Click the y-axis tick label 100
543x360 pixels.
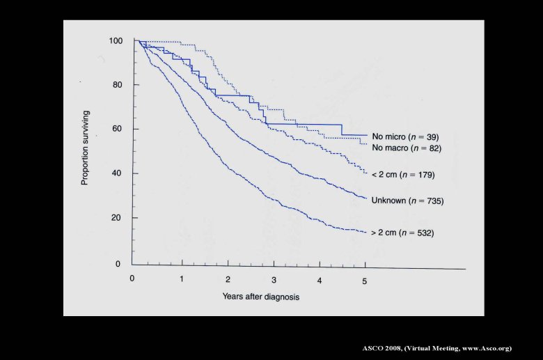point(115,41)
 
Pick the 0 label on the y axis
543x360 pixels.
point(119,265)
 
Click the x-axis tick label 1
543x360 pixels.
point(182,279)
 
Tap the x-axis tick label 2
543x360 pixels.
point(228,279)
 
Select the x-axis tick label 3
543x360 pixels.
point(274,280)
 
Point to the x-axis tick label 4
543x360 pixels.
point(320,281)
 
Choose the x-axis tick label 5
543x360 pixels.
point(365,281)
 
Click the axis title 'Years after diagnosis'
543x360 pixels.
point(261,297)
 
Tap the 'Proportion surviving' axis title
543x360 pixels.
point(85,147)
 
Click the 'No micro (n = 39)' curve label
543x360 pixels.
point(405,137)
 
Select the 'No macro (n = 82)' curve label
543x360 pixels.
point(407,148)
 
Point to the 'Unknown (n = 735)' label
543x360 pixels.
point(407,201)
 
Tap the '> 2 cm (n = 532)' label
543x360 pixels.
point(403,233)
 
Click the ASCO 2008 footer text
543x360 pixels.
point(436,347)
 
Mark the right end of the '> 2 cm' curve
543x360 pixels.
point(365,232)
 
